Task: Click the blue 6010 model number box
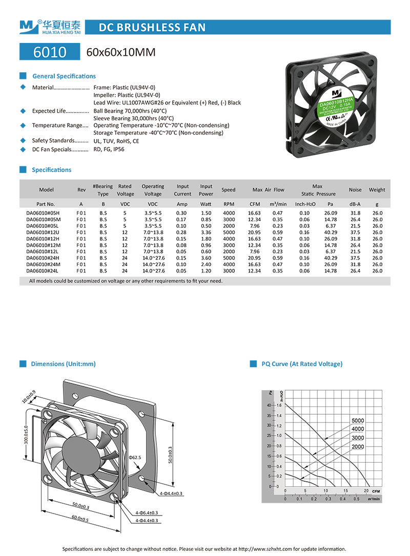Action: (x=50, y=52)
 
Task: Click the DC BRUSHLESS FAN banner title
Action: (x=152, y=28)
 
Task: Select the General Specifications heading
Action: (x=64, y=76)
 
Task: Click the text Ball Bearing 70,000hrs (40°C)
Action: (x=130, y=111)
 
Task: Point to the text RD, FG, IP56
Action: (x=109, y=149)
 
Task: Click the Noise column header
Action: (x=355, y=190)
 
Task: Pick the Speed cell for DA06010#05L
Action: (x=229, y=226)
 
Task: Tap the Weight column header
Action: (x=377, y=190)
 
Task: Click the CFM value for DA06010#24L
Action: (x=254, y=271)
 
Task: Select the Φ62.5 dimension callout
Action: (x=135, y=457)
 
